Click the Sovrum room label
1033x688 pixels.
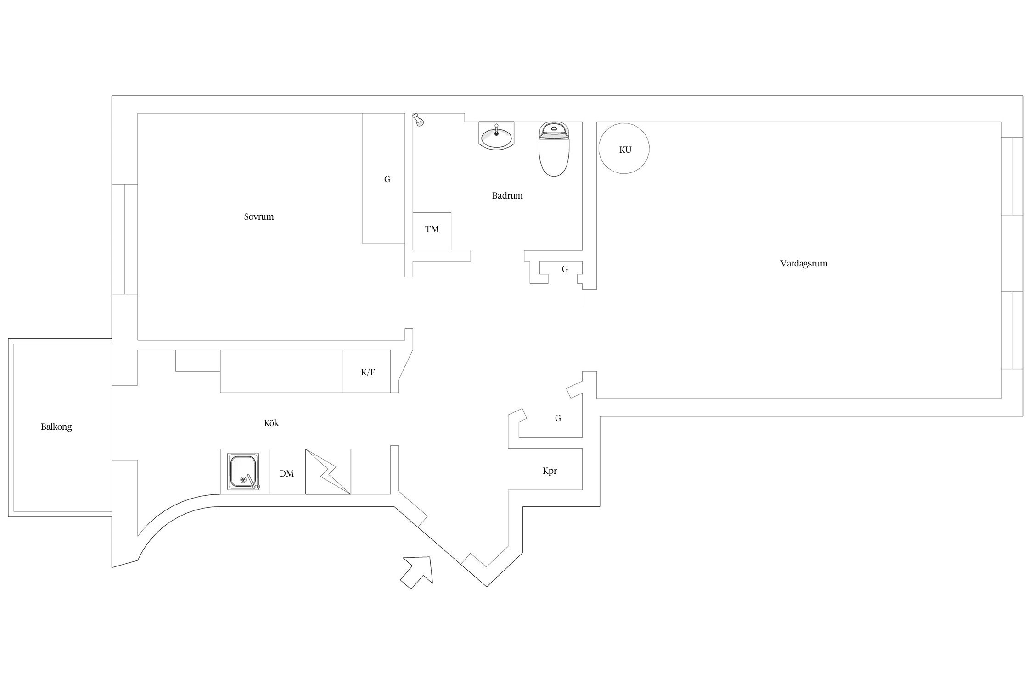pos(258,216)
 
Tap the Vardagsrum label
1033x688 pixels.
pos(803,263)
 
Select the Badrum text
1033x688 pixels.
pos(507,195)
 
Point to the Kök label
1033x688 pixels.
pos(271,423)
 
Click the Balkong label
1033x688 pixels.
pos(56,427)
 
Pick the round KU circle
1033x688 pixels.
pos(624,149)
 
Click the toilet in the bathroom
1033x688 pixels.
pos(554,149)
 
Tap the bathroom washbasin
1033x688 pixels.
pos(496,135)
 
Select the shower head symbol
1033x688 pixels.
pos(417,120)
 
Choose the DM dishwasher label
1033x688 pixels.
pos(286,473)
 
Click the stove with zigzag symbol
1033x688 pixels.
pos(328,471)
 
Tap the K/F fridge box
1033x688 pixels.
pos(367,372)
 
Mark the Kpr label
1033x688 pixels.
pos(549,471)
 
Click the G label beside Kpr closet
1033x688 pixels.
pos(558,418)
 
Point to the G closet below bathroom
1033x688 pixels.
pos(564,269)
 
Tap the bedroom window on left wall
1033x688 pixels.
pos(124,239)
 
